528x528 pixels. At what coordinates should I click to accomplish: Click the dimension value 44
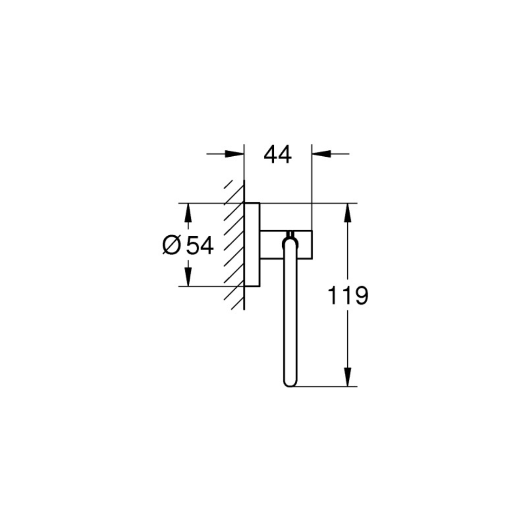click(x=278, y=155)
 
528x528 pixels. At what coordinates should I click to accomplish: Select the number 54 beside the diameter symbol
click(x=200, y=245)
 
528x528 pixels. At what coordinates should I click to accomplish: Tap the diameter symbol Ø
click(x=171, y=245)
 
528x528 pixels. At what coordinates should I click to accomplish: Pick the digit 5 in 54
click(x=193, y=245)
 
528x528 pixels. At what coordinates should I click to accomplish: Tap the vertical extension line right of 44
click(x=312, y=186)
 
